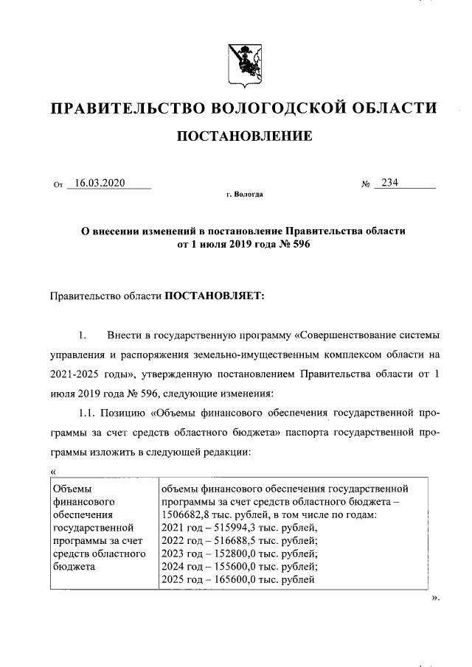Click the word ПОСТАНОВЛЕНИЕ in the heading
243,136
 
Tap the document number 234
389,184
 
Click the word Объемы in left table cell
71,487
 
